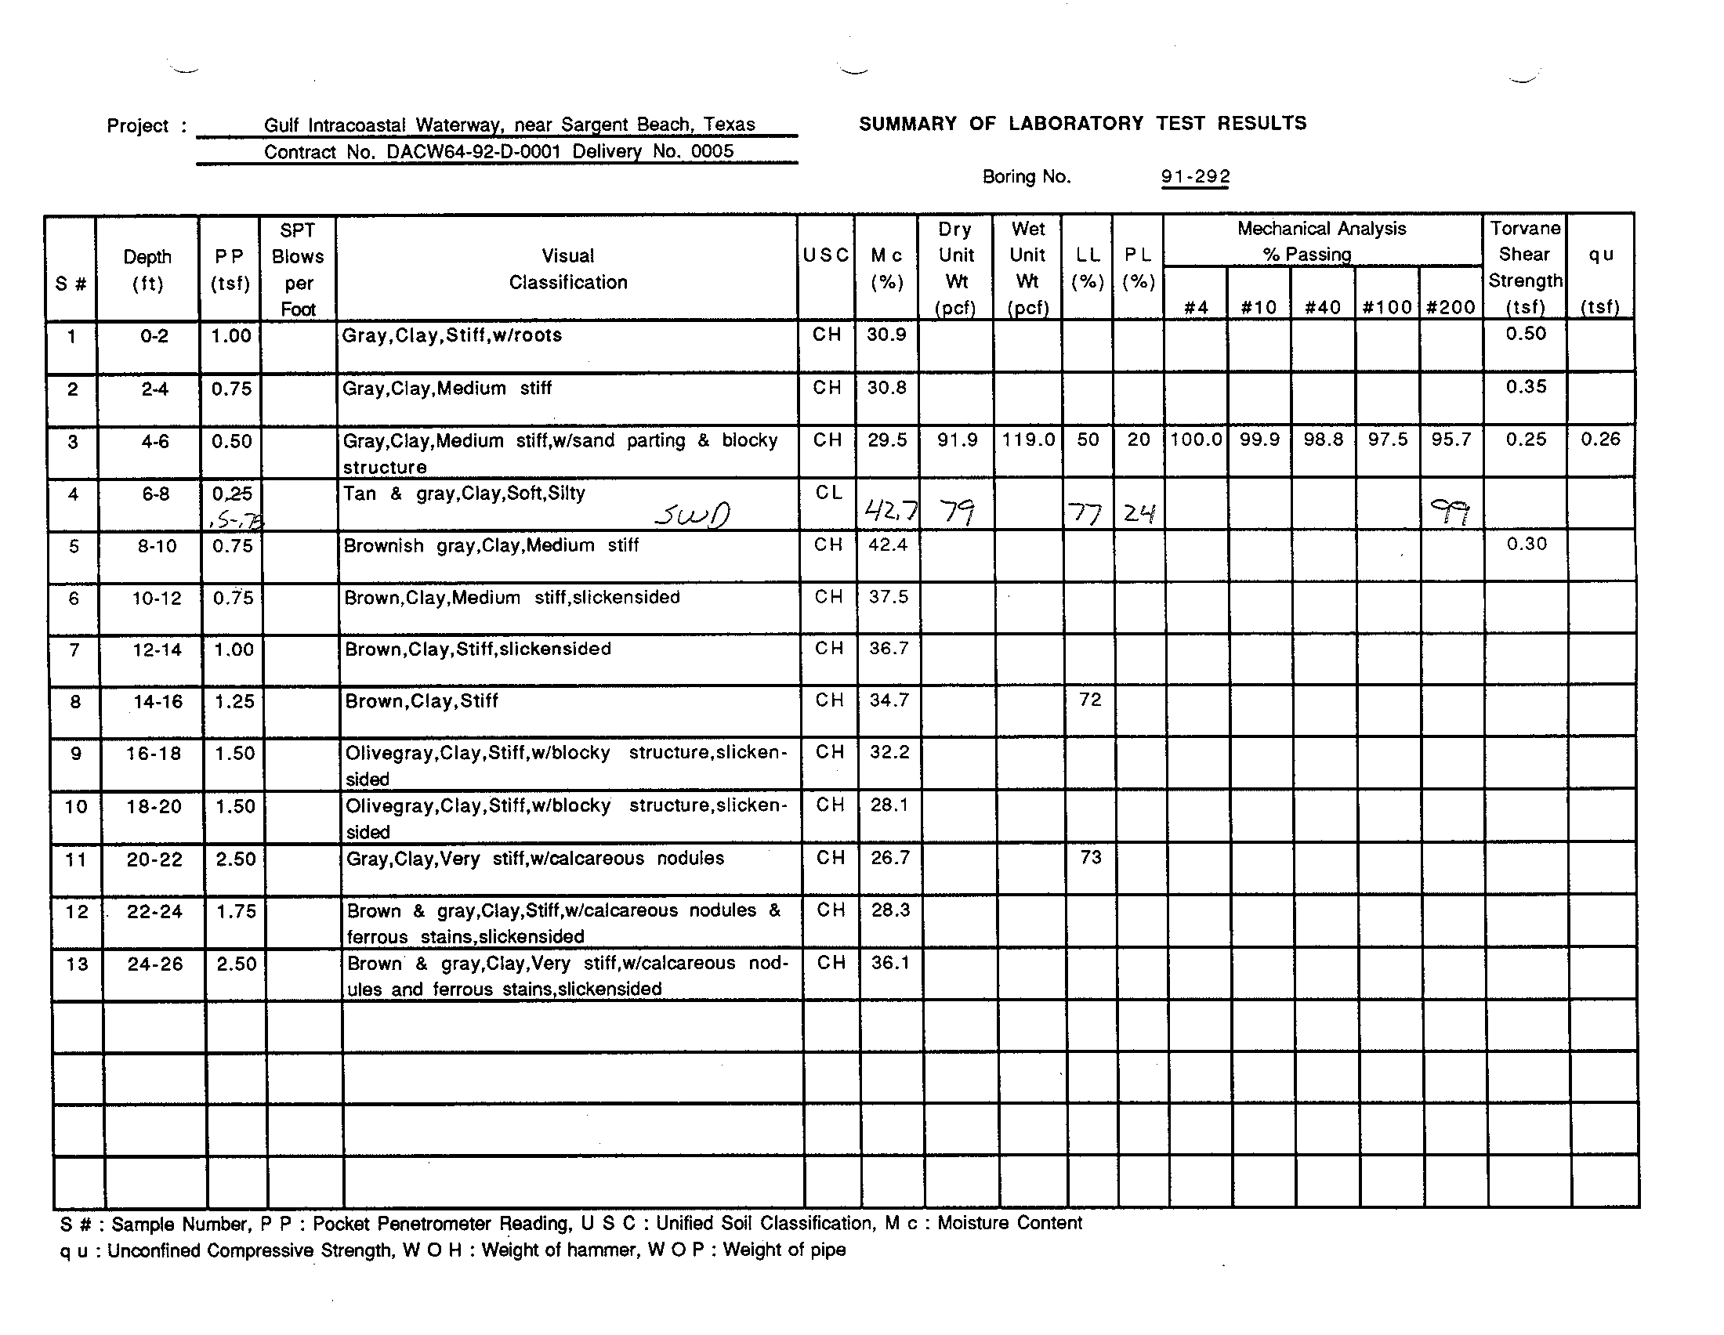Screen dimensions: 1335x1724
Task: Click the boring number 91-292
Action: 1195,177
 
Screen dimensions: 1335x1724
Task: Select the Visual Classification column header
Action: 567,269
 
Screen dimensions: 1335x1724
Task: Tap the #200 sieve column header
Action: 1451,307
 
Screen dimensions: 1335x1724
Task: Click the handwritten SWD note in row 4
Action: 691,516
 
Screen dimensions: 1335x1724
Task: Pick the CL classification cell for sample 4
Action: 828,493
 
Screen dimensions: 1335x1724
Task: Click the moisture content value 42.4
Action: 888,545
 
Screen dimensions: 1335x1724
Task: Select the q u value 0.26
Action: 1600,440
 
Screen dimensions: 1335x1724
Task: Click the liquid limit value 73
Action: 1090,857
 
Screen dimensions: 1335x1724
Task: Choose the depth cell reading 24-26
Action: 154,964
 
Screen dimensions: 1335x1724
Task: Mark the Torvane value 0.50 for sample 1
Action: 1525,334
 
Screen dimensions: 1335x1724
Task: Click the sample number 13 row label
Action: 77,964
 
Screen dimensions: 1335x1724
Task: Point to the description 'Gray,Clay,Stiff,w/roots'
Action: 451,335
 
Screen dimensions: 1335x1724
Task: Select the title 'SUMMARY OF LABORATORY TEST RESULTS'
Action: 1082,124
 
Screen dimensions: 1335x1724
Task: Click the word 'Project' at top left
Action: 137,126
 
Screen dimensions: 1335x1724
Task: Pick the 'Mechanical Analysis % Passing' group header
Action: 1321,241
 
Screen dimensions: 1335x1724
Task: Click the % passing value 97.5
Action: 1388,440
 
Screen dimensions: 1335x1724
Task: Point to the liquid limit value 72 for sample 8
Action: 1090,700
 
